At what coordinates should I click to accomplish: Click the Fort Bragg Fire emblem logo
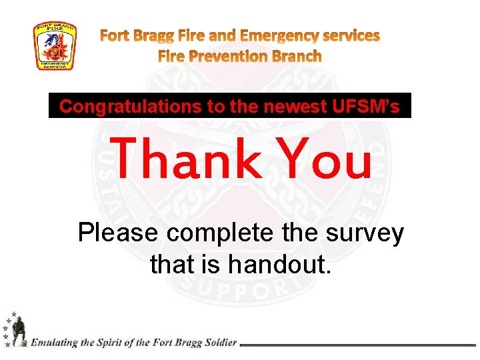click(x=55, y=46)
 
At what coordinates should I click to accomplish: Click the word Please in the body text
click(x=119, y=234)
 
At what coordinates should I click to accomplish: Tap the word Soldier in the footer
click(x=217, y=343)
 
